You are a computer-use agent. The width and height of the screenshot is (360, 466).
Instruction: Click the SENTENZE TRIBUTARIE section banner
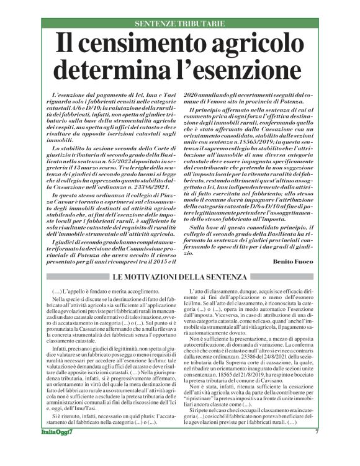[x=179, y=24]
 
